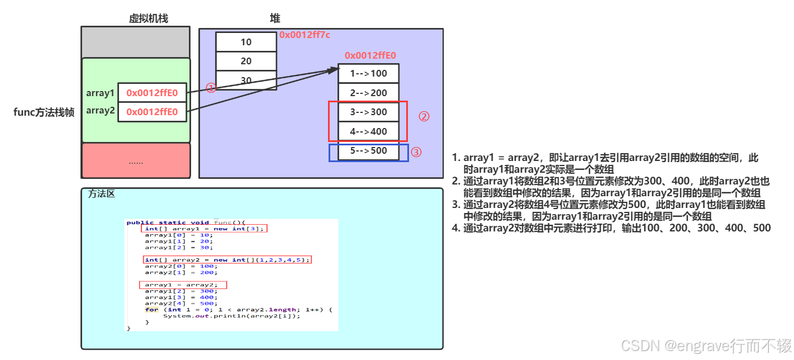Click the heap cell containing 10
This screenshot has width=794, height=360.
click(x=246, y=42)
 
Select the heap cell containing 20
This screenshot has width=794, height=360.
click(x=246, y=61)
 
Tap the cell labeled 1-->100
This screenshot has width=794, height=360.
click(x=368, y=74)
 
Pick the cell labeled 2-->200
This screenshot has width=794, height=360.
click(x=368, y=93)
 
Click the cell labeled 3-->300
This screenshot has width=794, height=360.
click(x=368, y=112)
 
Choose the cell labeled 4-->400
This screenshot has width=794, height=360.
click(x=368, y=131)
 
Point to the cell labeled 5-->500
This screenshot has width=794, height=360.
click(x=368, y=151)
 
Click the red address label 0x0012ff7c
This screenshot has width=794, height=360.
click(x=305, y=35)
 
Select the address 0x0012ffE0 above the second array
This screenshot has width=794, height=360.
click(x=370, y=55)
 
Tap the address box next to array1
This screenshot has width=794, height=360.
click(x=152, y=93)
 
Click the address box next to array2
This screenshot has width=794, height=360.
click(x=152, y=112)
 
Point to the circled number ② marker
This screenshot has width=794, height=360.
click(x=424, y=117)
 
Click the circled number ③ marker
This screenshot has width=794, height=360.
click(x=416, y=151)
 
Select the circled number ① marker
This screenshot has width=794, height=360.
click(x=211, y=88)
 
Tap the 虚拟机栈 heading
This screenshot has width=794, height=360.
click(x=148, y=18)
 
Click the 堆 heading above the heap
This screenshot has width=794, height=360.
click(x=275, y=18)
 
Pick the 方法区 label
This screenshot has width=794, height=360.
click(x=102, y=194)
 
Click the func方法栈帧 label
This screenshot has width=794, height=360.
click(x=44, y=112)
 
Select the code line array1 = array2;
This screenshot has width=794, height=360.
click(x=183, y=285)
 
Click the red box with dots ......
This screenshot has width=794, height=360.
click(x=136, y=161)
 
